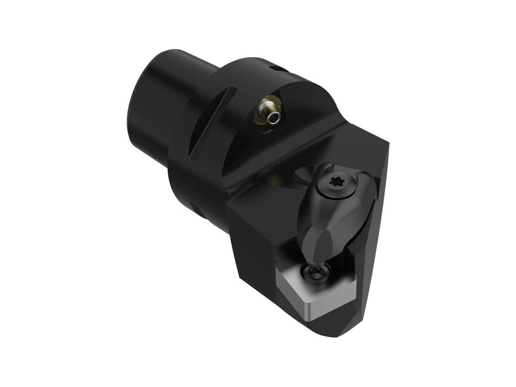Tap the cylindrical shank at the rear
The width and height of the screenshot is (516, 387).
[155, 103]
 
